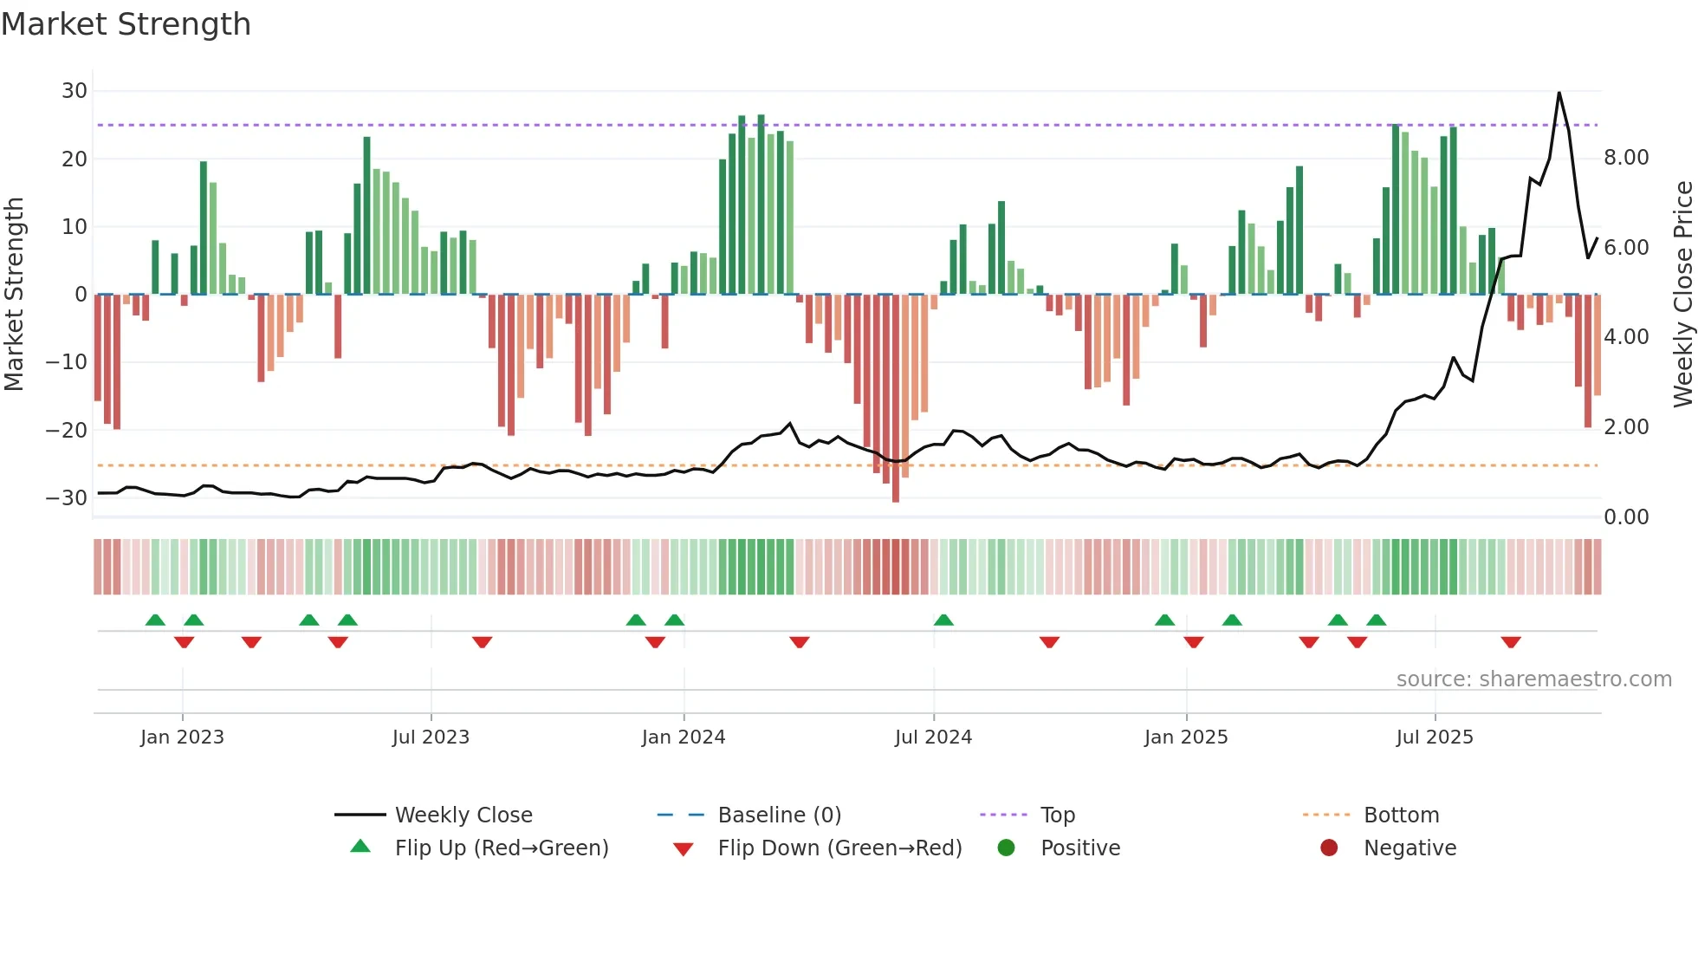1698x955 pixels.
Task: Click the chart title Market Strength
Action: pyautogui.click(x=126, y=24)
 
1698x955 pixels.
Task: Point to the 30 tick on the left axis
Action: pyautogui.click(x=75, y=91)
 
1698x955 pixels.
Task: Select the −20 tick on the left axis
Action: pyautogui.click(x=67, y=430)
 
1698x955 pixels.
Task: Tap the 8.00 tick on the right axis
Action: pyautogui.click(x=1626, y=158)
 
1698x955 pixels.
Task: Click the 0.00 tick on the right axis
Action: pyautogui.click(x=1626, y=517)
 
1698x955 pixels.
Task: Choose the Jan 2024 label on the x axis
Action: pyautogui.click(x=684, y=737)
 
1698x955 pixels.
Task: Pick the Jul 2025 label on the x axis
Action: pyautogui.click(x=1435, y=737)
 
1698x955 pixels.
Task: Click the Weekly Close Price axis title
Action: pyautogui.click(x=1682, y=295)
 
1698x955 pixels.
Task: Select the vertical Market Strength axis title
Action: pyautogui.click(x=14, y=295)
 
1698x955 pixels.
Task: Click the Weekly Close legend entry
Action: pyautogui.click(x=463, y=815)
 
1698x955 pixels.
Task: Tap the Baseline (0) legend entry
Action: pyautogui.click(x=779, y=815)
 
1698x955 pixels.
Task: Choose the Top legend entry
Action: pyautogui.click(x=1057, y=815)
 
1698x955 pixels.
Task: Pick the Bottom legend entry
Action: pyautogui.click(x=1401, y=815)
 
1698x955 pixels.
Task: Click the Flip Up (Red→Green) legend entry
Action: pyautogui.click(x=502, y=848)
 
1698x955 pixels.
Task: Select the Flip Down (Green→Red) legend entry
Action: pyautogui.click(x=839, y=848)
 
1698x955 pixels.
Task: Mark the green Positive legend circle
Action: pyautogui.click(x=1006, y=848)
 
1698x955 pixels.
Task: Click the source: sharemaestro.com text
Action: pyautogui.click(x=1533, y=679)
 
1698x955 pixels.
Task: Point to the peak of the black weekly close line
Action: pyautogui.click(x=1559, y=93)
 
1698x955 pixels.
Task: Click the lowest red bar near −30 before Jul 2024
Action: pyautogui.click(x=896, y=498)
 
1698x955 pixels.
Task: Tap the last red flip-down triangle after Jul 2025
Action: pyautogui.click(x=1511, y=642)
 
